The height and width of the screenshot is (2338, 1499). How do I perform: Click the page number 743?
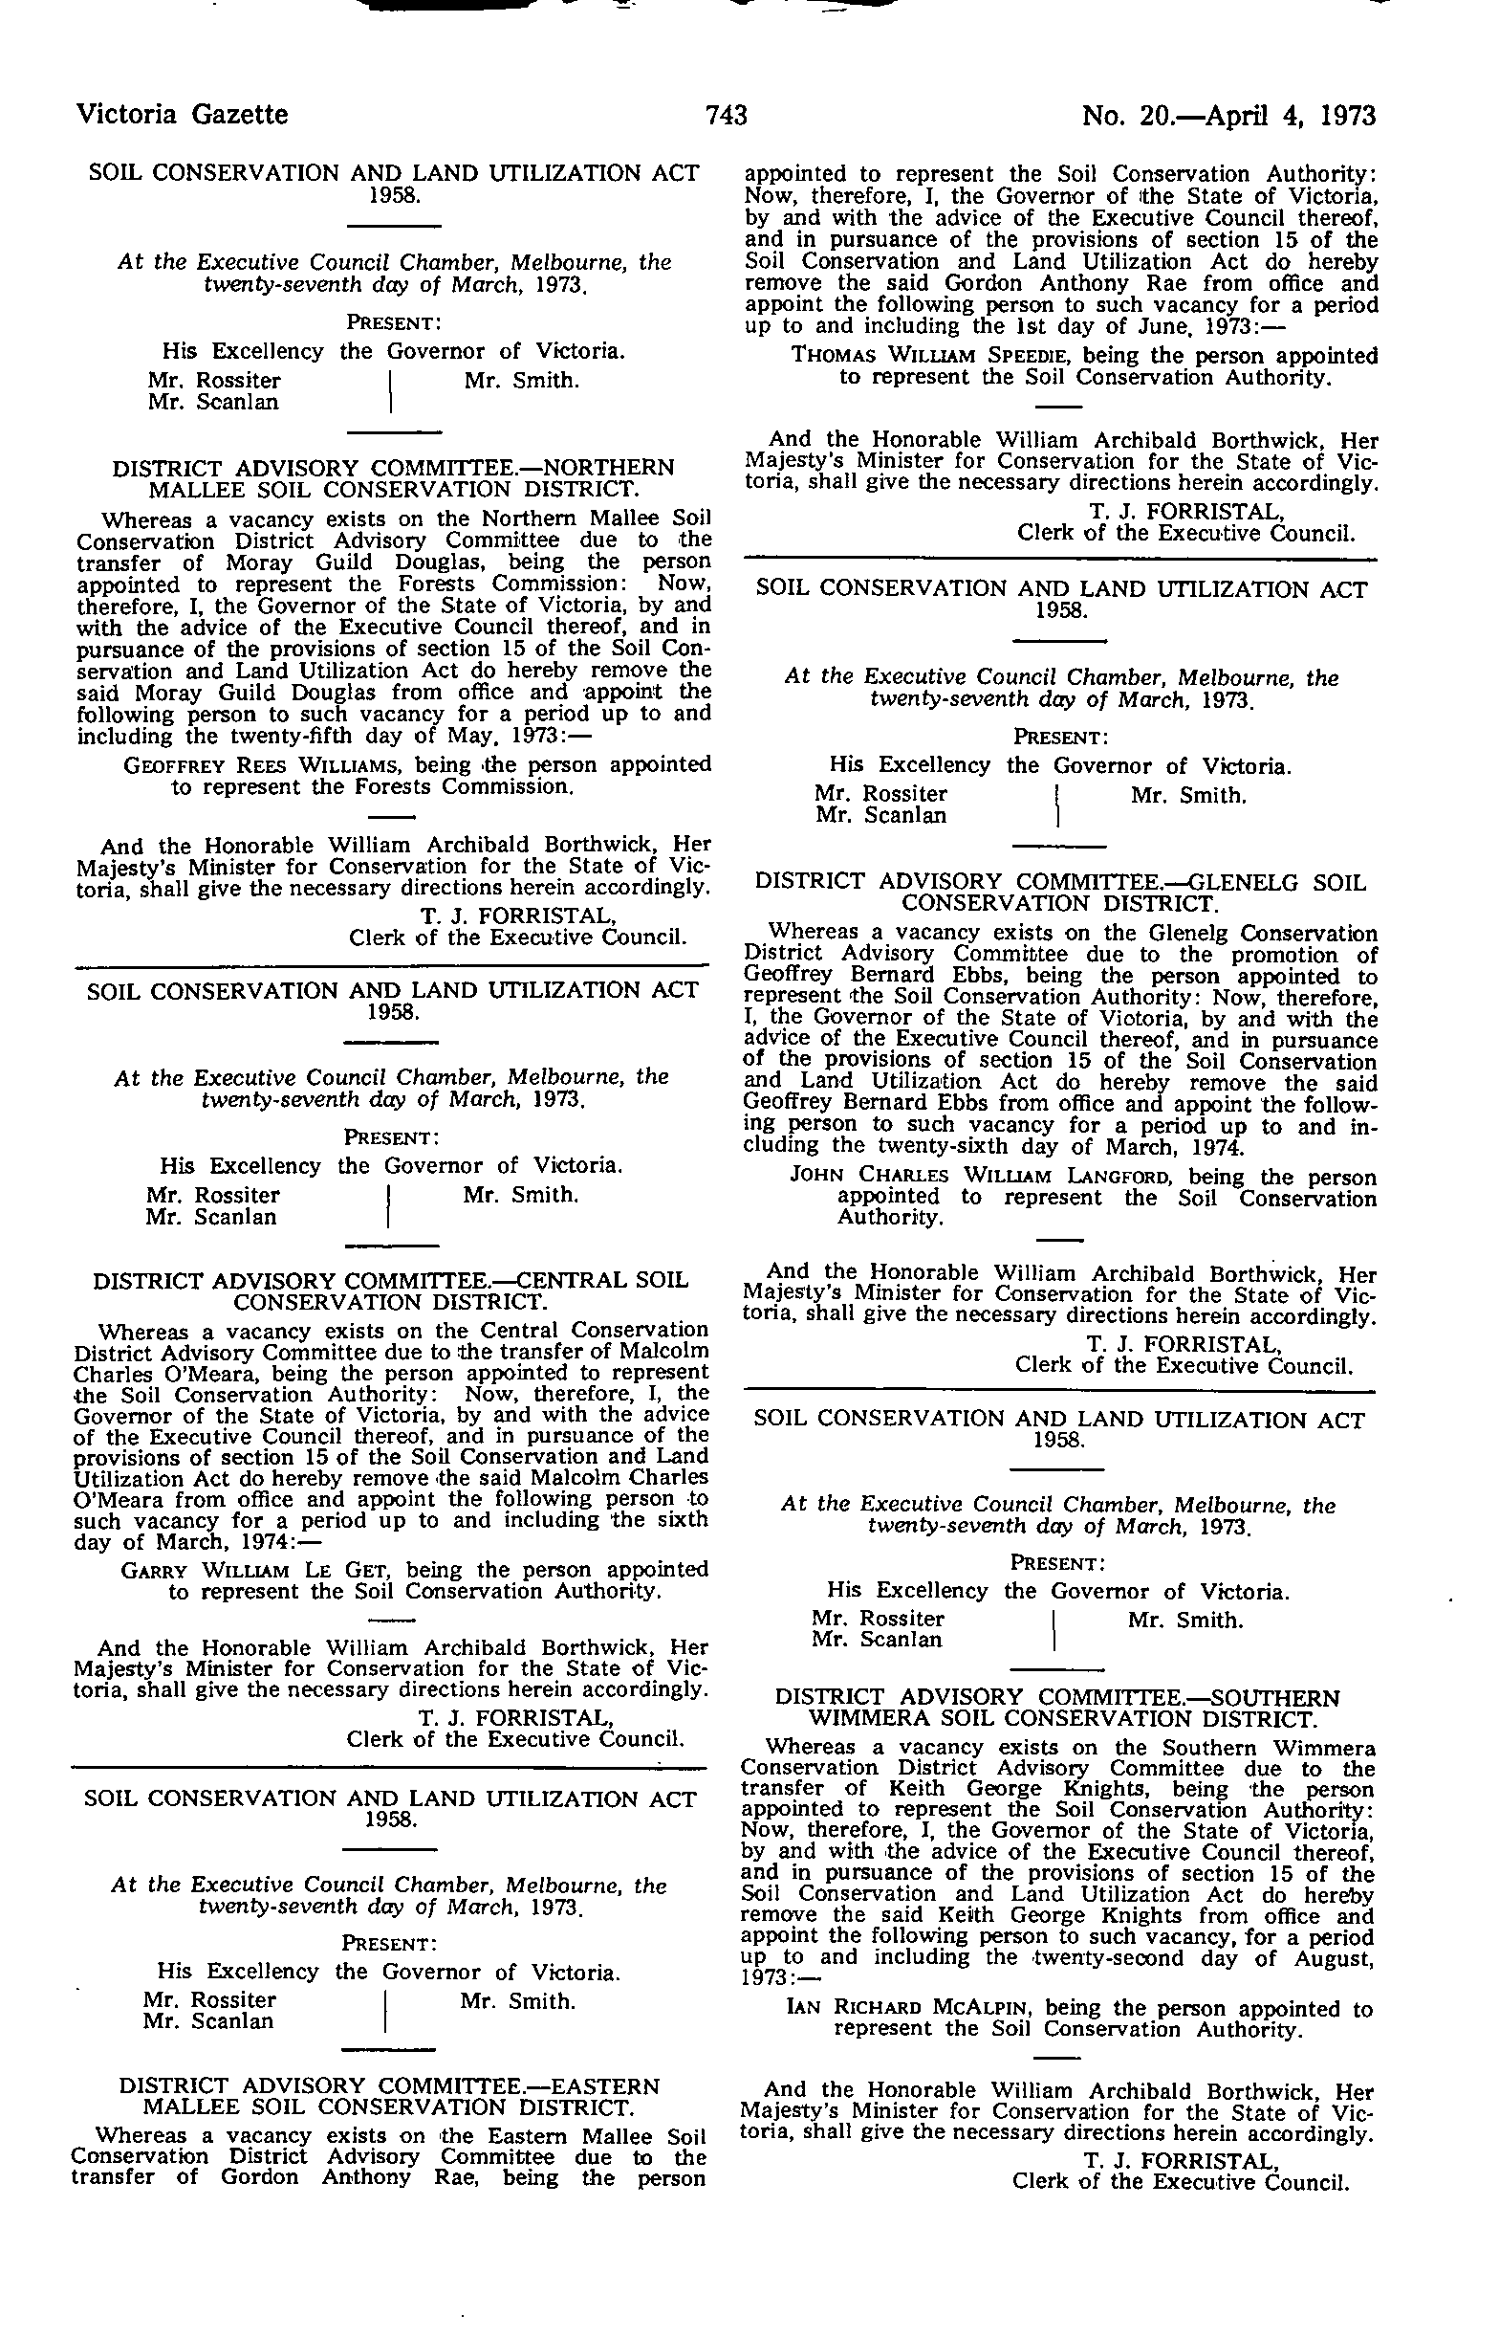point(727,116)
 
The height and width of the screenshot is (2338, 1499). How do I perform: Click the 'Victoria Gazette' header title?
point(182,115)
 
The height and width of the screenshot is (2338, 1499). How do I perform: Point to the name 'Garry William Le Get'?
point(257,1571)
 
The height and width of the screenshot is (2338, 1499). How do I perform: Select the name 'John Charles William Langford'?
point(931,1177)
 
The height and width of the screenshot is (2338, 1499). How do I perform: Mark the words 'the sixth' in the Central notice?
point(657,1521)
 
